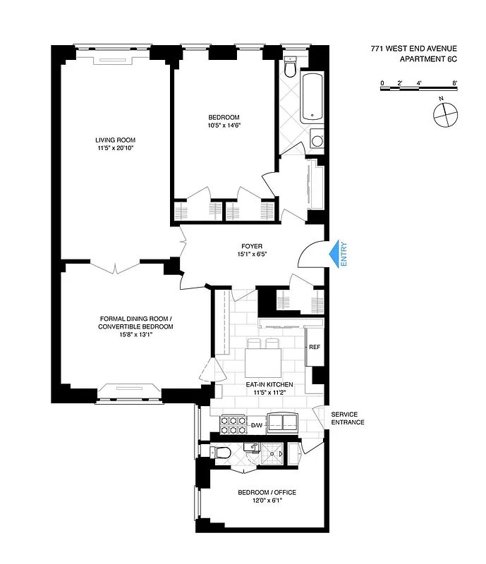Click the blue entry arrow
[x=332, y=253]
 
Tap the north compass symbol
[x=446, y=112]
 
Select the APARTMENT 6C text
[x=428, y=60]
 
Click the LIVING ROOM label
[x=116, y=140]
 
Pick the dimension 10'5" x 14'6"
[x=224, y=126]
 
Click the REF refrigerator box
[x=315, y=348]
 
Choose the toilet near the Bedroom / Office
[x=222, y=453]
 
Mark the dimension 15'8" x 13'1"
[x=136, y=335]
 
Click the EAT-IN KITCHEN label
[x=265, y=384]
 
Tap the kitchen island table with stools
[x=264, y=361]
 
